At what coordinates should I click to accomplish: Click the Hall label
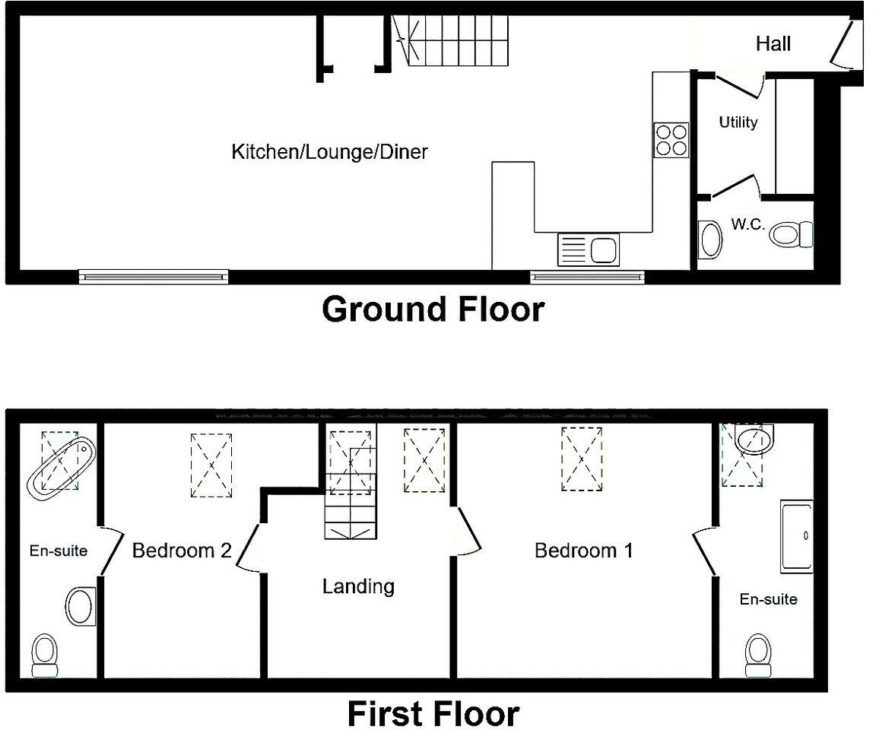[773, 44]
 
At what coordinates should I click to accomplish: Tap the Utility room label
[738, 122]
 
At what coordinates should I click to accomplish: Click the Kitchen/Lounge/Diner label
[329, 152]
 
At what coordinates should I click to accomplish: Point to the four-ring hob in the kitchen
[671, 140]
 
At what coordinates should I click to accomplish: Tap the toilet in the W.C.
[791, 233]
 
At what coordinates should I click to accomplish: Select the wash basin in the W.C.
[710, 239]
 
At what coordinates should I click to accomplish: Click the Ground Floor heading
[433, 310]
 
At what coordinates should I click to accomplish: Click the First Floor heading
[433, 714]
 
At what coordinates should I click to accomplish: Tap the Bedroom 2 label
[182, 551]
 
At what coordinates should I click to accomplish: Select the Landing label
[358, 586]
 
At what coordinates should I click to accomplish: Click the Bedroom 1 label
[583, 551]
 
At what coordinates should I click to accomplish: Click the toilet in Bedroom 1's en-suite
[757, 655]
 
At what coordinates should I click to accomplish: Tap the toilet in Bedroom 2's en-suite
[44, 655]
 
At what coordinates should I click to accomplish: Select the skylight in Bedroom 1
[582, 459]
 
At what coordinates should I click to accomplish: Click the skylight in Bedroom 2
[211, 465]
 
